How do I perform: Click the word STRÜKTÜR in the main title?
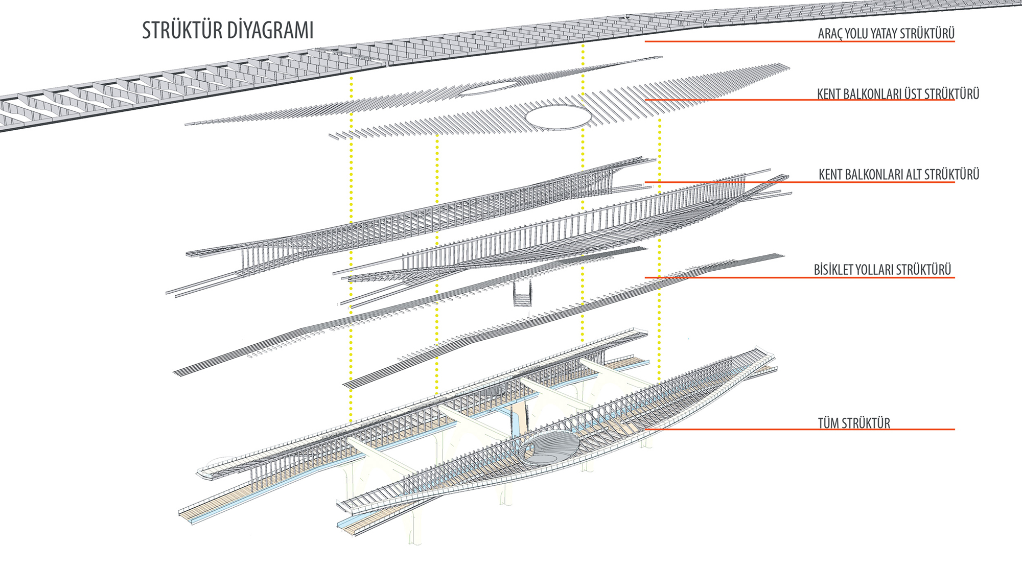(x=182, y=31)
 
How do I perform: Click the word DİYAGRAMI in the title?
(x=270, y=31)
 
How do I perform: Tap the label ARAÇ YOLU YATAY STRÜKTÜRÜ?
(x=886, y=34)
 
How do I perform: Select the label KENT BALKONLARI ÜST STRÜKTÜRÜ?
(x=898, y=94)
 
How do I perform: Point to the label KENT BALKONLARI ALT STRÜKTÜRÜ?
(x=899, y=175)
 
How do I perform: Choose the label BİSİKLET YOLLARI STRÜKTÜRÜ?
(x=882, y=270)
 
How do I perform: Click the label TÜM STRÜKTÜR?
(x=854, y=423)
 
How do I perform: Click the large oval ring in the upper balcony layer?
(x=559, y=117)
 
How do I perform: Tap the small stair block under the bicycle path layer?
(x=522, y=294)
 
